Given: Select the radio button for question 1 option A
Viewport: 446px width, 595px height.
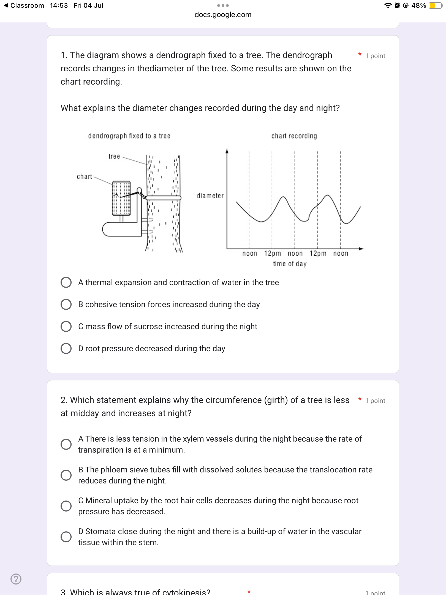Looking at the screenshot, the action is [x=66, y=282].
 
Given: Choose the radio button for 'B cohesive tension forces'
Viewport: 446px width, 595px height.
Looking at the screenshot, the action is [x=66, y=304].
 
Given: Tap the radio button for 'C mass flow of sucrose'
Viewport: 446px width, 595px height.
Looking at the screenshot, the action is [x=66, y=326].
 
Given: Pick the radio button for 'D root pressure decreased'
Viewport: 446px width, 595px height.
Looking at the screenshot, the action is [x=66, y=348].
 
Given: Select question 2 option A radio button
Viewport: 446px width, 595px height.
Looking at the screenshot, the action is [x=66, y=444].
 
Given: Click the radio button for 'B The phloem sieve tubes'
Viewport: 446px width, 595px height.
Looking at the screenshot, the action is [x=66, y=475].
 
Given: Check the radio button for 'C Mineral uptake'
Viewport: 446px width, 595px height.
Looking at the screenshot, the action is [x=66, y=506].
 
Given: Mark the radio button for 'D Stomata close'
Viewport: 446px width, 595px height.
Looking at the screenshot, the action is [x=66, y=537].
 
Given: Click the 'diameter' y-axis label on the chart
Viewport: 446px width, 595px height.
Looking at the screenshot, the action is [x=210, y=196].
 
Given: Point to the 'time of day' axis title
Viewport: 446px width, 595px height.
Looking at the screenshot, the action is [x=290, y=264].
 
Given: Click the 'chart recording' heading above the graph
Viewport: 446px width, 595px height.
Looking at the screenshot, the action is [x=294, y=136].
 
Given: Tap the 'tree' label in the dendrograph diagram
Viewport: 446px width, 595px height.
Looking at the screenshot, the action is [x=114, y=156].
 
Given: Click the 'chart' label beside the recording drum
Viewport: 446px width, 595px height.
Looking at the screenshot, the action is [x=84, y=176].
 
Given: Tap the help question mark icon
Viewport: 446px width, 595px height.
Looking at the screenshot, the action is [x=16, y=579].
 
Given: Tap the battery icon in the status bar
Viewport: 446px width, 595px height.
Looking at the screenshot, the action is [x=436, y=6].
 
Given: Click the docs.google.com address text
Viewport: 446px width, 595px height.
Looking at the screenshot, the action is [x=223, y=15].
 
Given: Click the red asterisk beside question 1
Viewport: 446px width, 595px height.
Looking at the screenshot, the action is [x=360, y=54].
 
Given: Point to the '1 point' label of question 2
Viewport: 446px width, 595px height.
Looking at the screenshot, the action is [x=375, y=401].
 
